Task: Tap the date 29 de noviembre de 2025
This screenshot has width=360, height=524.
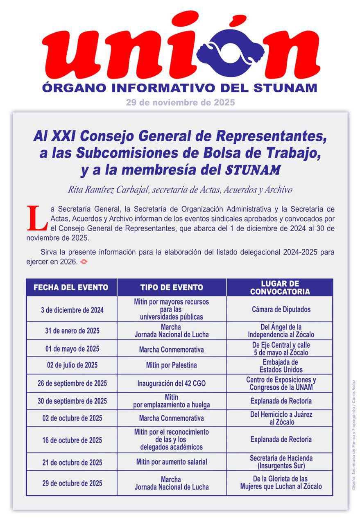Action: [x=180, y=102]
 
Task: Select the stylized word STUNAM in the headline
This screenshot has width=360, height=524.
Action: [x=253, y=169]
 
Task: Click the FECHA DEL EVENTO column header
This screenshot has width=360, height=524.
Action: [x=71, y=287]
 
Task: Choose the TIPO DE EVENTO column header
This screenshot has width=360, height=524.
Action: [x=172, y=287]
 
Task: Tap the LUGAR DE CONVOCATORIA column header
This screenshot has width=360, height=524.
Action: [x=280, y=287]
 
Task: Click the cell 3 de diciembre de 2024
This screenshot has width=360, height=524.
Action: [x=72, y=310]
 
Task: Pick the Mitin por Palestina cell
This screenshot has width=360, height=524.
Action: [x=172, y=365]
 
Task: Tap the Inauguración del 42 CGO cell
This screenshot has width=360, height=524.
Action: [x=172, y=384]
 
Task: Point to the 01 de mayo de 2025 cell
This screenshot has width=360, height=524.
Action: [x=72, y=349]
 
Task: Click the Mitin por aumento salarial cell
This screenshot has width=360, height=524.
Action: [x=172, y=462]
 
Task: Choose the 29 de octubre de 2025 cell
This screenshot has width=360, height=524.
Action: [x=72, y=483]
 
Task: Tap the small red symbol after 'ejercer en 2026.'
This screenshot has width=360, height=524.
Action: [x=84, y=261]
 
